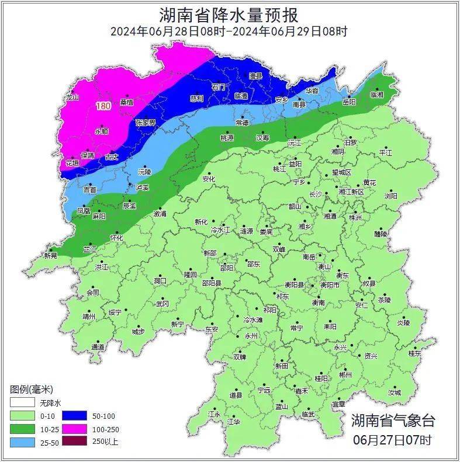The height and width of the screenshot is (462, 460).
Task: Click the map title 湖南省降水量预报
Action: (229, 14)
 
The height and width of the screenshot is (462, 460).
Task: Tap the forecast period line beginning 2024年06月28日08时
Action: (229, 32)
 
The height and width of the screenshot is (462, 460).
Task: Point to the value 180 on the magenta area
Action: (103, 106)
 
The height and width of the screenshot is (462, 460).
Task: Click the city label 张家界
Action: (146, 123)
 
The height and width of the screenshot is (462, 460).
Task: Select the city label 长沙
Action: (315, 193)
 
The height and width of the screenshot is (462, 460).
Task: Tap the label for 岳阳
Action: (349, 102)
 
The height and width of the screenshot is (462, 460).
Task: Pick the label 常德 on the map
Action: (242, 123)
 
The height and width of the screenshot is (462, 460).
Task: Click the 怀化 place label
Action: (117, 238)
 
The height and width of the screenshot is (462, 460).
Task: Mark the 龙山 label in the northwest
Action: (72, 98)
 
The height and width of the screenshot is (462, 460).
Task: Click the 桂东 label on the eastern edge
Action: (415, 353)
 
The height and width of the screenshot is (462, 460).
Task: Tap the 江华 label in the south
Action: (234, 421)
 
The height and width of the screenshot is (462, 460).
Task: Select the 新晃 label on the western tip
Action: (51, 256)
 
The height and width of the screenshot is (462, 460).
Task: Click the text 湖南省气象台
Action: (393, 421)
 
